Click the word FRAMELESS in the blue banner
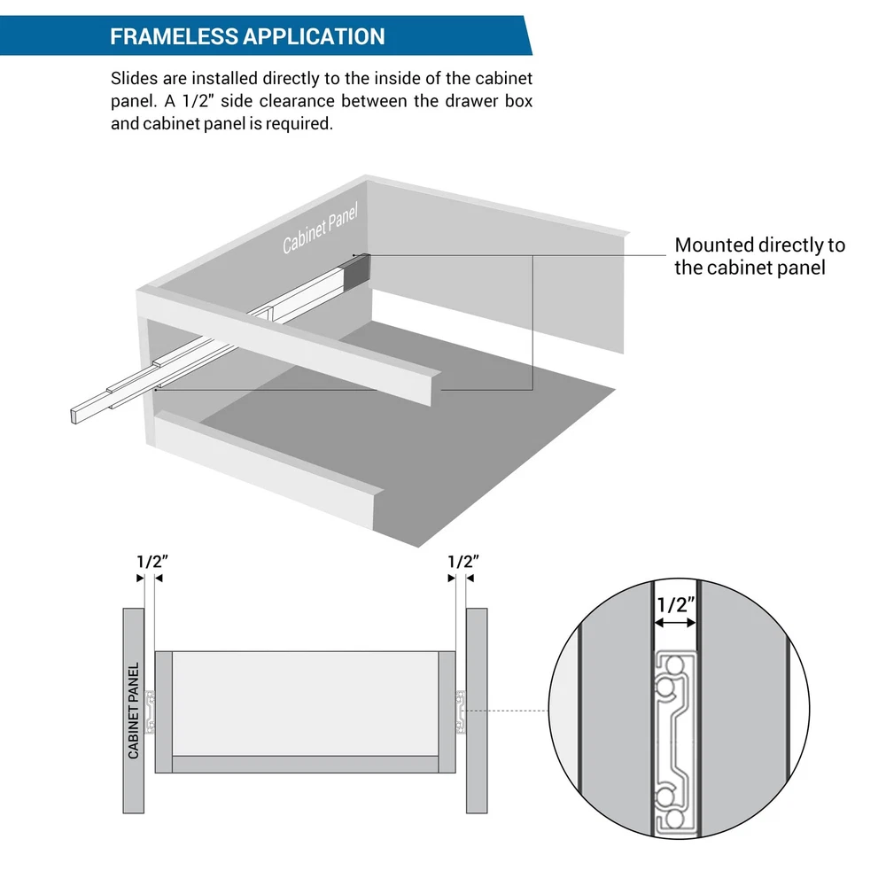[174, 36]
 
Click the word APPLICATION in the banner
[315, 36]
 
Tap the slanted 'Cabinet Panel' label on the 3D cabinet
[320, 229]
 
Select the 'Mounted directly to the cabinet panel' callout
[759, 256]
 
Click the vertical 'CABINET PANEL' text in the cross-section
[134, 711]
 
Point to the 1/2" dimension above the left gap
[152, 562]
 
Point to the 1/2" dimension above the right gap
[462, 562]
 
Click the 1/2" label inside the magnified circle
[676, 605]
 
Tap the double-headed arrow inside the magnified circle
[674, 623]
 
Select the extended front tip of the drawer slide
[74, 416]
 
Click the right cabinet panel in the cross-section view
[477, 711]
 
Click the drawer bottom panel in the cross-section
[305, 764]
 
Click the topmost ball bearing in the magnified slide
[672, 664]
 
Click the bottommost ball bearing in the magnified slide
[672, 819]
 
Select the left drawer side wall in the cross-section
[163, 712]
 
